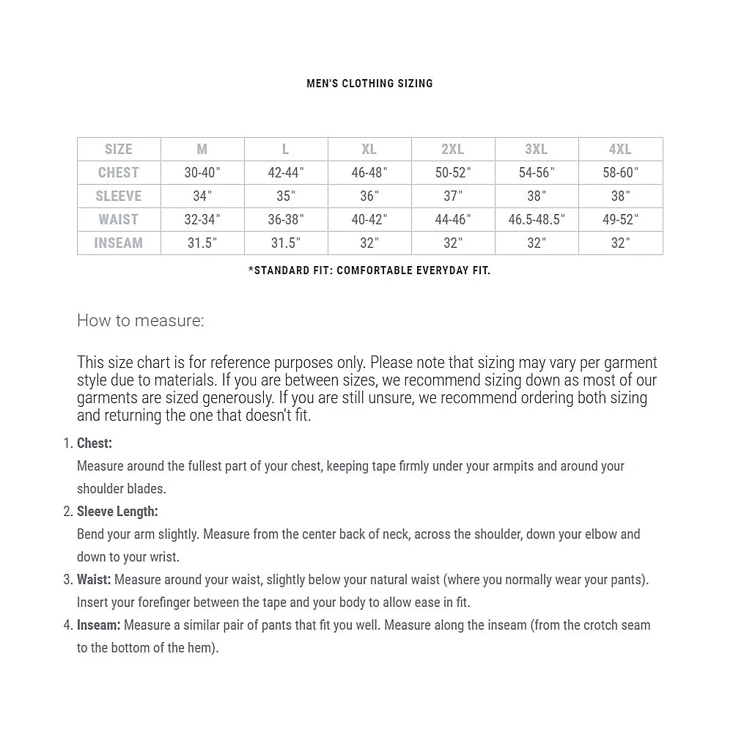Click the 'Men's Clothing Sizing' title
click(x=369, y=84)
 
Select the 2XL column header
click(x=452, y=150)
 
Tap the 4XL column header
click(x=620, y=150)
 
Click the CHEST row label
click(x=118, y=173)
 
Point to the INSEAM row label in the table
click(x=118, y=243)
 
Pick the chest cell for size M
click(x=202, y=173)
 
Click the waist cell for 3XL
click(x=537, y=220)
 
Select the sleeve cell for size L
click(x=285, y=196)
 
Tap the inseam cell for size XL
click(x=369, y=243)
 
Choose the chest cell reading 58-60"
click(x=620, y=173)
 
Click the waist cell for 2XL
click(x=452, y=220)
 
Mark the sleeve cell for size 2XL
click(x=452, y=196)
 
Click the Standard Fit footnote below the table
click(x=369, y=270)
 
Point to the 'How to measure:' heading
click(x=141, y=320)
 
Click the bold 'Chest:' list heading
click(x=95, y=443)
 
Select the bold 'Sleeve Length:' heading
click(x=117, y=512)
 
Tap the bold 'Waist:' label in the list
click(x=94, y=580)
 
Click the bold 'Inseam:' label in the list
click(x=98, y=625)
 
